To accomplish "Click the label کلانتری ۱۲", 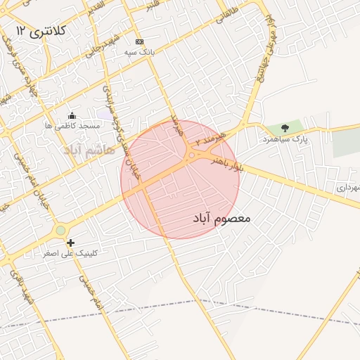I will (40, 31).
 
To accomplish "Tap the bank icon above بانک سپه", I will (139, 41).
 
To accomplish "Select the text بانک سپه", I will (139, 52).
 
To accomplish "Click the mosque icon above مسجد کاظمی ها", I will (71, 115).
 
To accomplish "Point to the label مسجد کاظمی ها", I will (72, 126).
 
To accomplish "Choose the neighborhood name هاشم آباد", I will (84, 150).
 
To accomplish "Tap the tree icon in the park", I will (285, 128).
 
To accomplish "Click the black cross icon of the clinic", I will (70, 243).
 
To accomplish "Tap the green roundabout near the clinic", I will (61, 230).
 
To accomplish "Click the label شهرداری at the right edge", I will (347, 188).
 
